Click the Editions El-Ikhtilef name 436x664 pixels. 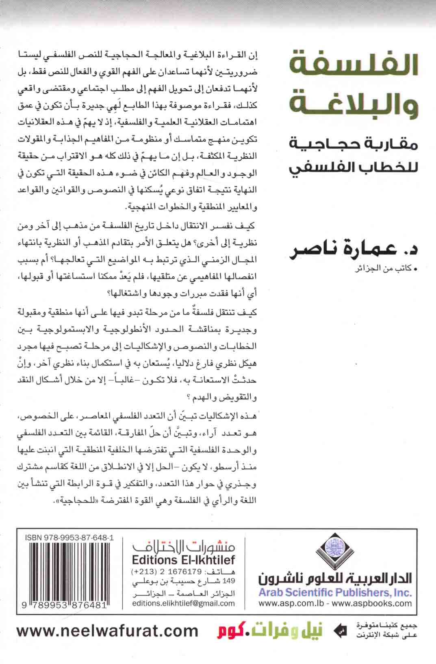[184, 561]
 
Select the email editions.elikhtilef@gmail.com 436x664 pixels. [184, 603]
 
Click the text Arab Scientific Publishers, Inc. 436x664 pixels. [335, 593]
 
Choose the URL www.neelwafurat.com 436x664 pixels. [108, 642]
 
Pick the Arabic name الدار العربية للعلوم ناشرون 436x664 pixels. [335, 578]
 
